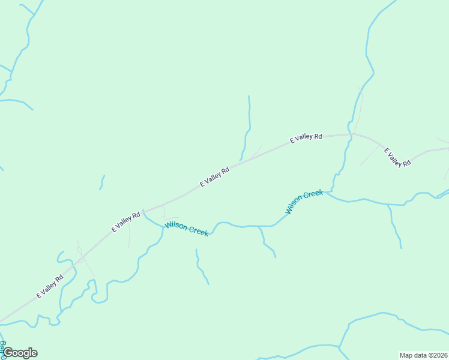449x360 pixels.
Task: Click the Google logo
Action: click(x=20, y=353)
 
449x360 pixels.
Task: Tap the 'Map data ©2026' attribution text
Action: click(x=423, y=355)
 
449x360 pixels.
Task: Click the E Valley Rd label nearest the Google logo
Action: click(x=50, y=287)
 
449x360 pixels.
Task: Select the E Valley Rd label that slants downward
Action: click(x=397, y=157)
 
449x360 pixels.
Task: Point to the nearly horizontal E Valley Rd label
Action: click(x=306, y=138)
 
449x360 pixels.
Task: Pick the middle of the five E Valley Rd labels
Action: click(x=215, y=177)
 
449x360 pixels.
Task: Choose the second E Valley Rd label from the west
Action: click(x=125, y=221)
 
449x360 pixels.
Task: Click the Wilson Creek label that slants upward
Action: click(x=304, y=202)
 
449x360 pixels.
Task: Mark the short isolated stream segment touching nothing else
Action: click(x=102, y=182)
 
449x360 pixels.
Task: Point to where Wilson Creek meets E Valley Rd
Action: click(x=143, y=211)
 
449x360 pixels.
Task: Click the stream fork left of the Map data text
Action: click(x=340, y=346)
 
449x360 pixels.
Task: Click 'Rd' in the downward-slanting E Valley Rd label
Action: click(x=406, y=163)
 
